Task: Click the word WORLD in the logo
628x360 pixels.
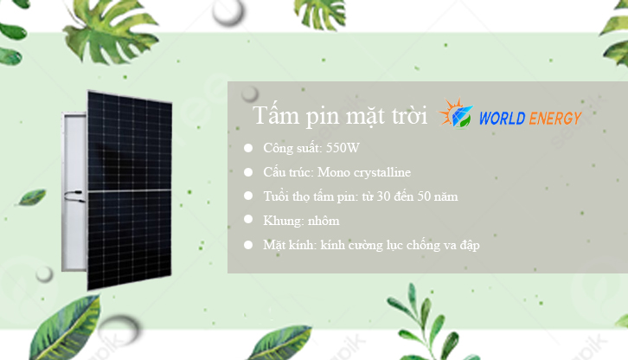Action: pos(502,119)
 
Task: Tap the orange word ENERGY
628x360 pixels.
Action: pos(555,119)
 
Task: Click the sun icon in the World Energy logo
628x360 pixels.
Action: pos(455,113)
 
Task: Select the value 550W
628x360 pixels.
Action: pos(343,148)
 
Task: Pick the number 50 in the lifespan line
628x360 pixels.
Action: pos(424,196)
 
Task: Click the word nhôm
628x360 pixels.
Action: pos(324,221)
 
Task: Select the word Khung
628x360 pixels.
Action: pos(283,222)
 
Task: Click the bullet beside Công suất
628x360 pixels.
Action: pos(248,148)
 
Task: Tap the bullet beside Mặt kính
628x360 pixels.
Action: pos(248,245)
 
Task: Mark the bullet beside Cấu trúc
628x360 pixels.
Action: pos(248,172)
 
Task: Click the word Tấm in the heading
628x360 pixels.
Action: pos(276,115)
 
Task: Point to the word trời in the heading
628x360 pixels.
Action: pos(409,115)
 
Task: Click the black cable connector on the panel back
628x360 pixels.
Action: pos(75,196)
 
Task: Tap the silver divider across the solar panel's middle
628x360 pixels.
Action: pos(130,191)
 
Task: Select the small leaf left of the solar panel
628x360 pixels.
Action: pos(31,197)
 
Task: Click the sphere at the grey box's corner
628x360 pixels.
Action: pos(249,93)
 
